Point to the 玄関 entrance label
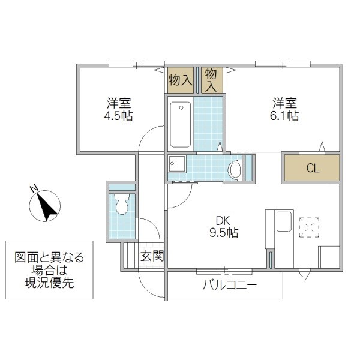click(152, 256)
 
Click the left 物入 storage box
click(180, 80)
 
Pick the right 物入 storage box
click(212, 79)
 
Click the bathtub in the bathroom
click(180, 124)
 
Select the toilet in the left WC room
click(122, 205)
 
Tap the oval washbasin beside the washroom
click(235, 170)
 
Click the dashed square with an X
click(310, 227)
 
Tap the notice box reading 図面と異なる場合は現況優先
click(50, 270)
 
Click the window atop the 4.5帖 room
click(136, 64)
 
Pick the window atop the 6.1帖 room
click(282, 64)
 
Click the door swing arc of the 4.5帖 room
click(150, 139)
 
